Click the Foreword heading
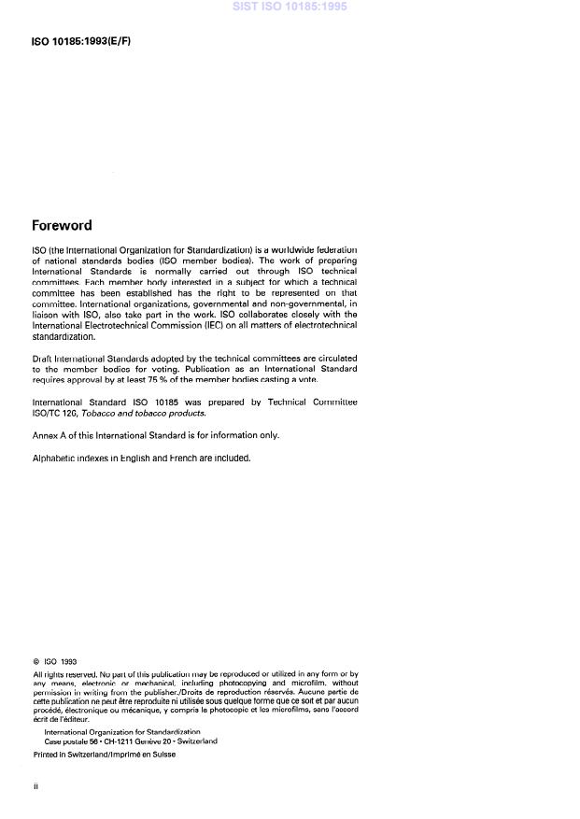pos(62,225)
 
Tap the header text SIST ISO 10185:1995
pos(290,7)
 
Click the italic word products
pos(186,412)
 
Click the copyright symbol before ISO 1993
pos(36,662)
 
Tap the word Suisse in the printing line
pos(160,755)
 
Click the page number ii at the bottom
pos(35,787)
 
